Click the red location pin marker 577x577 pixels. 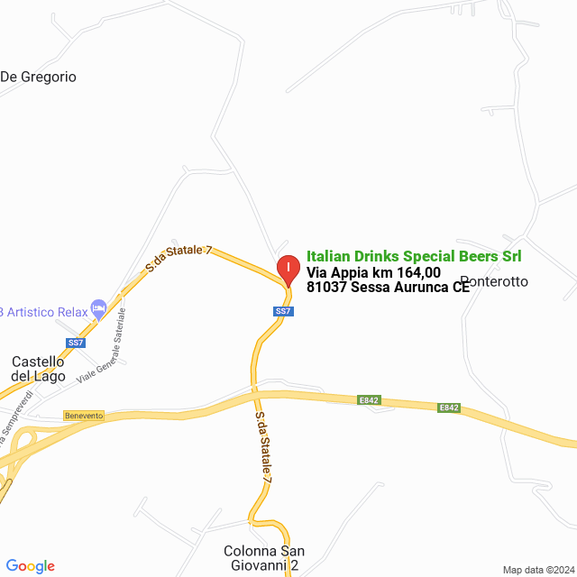pyautogui.click(x=288, y=270)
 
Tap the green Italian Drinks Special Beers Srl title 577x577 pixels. pyautogui.click(x=413, y=256)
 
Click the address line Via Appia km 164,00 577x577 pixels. pyautogui.click(x=373, y=272)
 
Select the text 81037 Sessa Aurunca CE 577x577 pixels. pyautogui.click(x=388, y=288)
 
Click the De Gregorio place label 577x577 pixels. pyautogui.click(x=38, y=77)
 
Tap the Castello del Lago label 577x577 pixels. pyautogui.click(x=38, y=369)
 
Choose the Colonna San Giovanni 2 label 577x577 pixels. pyautogui.click(x=263, y=558)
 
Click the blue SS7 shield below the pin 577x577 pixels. pyautogui.click(x=283, y=311)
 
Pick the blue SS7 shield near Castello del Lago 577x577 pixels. pyautogui.click(x=76, y=343)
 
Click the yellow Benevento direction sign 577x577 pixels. pyautogui.click(x=84, y=416)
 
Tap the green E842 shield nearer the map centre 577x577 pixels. pyautogui.click(x=370, y=399)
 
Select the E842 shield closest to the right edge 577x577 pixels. pyautogui.click(x=449, y=408)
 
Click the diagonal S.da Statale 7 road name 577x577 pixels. pyautogui.click(x=179, y=259)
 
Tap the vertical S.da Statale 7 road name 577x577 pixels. pyautogui.click(x=262, y=449)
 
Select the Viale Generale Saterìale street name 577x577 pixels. pyautogui.click(x=102, y=346)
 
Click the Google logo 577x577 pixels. pyautogui.click(x=30, y=566)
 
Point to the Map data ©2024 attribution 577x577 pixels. pyautogui.click(x=537, y=570)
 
